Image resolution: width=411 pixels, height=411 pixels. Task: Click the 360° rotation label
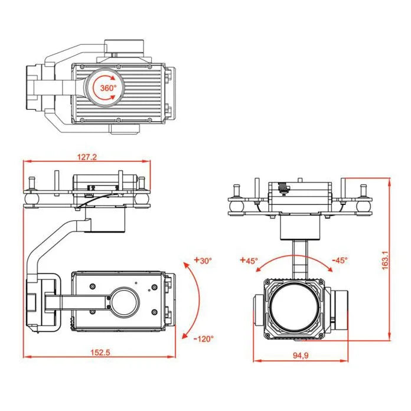click(108, 88)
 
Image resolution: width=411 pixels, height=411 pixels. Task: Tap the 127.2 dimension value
click(87, 157)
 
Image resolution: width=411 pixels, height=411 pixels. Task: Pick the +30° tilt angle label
click(203, 260)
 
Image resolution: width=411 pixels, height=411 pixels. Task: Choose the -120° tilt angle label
click(203, 338)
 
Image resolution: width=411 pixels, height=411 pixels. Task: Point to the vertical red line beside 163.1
click(390, 260)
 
